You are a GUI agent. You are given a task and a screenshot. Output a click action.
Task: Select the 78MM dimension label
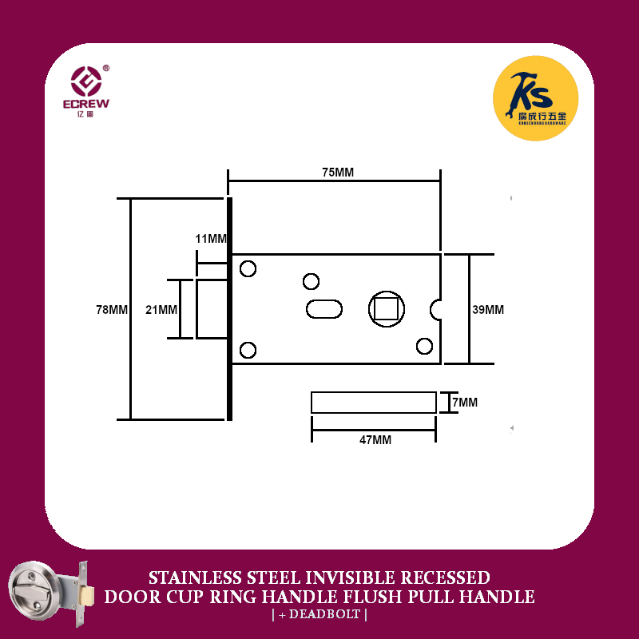(112, 309)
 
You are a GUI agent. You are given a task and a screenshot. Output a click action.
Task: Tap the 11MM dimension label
(211, 239)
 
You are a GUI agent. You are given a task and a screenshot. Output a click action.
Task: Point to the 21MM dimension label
(161, 309)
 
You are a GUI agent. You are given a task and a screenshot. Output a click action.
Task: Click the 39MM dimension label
(488, 309)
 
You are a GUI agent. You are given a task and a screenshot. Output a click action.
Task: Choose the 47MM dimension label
(375, 439)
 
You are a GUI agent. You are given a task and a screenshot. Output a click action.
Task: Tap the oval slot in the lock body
(324, 309)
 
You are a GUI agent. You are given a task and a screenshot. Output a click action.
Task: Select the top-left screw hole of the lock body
(248, 268)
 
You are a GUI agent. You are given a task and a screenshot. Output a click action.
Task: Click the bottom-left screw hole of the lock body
(248, 349)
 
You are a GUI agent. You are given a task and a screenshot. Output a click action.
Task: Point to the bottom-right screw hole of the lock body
(424, 345)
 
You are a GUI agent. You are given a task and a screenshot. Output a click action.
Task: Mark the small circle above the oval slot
(311, 281)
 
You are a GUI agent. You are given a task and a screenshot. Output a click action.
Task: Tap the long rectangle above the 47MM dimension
(374, 403)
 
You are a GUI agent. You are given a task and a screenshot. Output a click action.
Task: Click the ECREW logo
(88, 89)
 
